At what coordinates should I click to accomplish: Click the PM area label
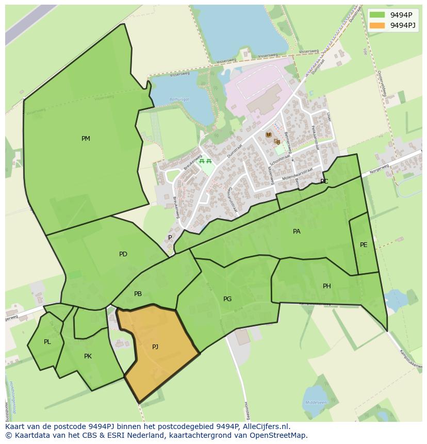tap(86, 139)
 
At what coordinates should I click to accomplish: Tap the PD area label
tap(123, 254)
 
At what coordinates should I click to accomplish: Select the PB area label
tap(138, 294)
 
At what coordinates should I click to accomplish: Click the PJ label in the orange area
tap(155, 347)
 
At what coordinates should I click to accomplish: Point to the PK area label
tap(88, 356)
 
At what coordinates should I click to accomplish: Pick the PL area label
tap(47, 342)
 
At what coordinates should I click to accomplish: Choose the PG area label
tap(227, 299)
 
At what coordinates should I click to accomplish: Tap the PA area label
tap(297, 232)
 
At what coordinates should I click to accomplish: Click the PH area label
tap(327, 286)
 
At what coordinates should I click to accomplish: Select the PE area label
tap(364, 245)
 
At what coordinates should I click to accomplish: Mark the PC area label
tap(324, 182)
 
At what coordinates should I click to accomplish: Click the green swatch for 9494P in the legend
tap(377, 14)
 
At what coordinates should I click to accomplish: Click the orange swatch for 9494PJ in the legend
tap(377, 25)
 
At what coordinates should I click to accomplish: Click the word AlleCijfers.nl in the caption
tap(266, 426)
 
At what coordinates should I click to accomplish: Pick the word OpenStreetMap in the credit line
tap(279, 435)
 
